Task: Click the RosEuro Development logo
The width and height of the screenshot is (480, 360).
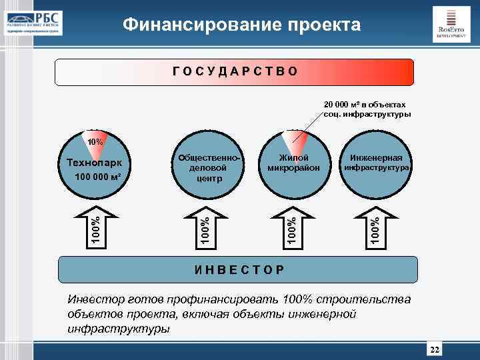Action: [x=450, y=25]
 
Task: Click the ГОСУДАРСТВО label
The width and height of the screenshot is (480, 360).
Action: [x=234, y=71]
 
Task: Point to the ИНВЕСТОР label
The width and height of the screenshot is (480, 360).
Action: [x=238, y=270]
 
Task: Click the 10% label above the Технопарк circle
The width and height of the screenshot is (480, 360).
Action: [x=96, y=142]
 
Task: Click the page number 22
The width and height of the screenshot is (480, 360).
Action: [x=435, y=351]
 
